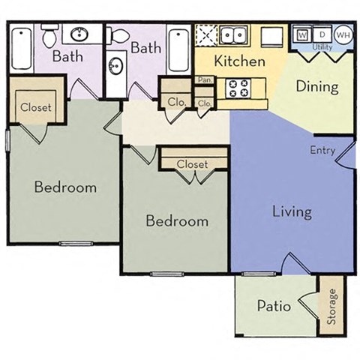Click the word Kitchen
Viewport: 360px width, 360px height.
239,61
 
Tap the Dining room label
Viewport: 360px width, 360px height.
316,86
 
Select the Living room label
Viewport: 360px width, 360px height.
291,211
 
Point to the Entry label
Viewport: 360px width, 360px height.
322,150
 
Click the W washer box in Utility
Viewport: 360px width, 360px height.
303,34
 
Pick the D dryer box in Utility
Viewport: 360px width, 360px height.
322,34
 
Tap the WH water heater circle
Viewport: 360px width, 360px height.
342,34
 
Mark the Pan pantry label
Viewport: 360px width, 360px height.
202,79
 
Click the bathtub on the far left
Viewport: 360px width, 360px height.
21,47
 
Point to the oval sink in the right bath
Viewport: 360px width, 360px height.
116,67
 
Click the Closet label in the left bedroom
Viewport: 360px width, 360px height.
36,107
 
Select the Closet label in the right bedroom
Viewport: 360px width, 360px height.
193,163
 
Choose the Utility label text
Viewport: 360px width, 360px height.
322,46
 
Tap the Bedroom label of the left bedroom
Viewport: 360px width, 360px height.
65,187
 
